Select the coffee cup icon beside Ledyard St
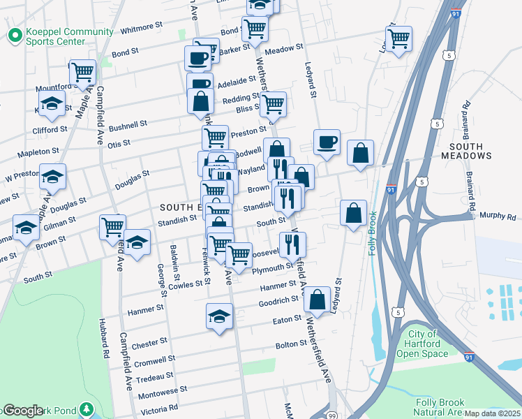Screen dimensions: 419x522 (327, 142)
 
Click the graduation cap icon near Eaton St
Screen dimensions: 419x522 (219, 316)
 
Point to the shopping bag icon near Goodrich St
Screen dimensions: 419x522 (317, 299)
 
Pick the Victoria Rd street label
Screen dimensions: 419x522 (160, 406)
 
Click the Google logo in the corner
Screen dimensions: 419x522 (22, 411)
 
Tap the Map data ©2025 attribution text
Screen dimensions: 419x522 (492, 413)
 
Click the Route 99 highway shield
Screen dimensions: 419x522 (332, 415)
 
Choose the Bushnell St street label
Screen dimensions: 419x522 (128, 124)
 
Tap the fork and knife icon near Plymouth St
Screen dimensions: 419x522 (292, 244)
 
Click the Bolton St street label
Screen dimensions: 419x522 (291, 344)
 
